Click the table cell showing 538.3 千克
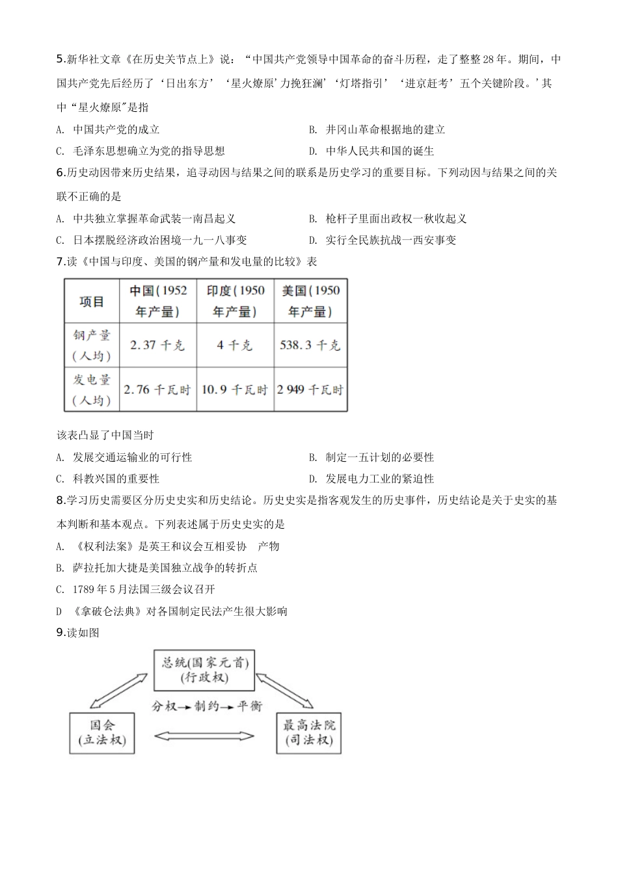coord(310,345)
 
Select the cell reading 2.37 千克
coord(158,345)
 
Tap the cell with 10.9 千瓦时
coord(235,390)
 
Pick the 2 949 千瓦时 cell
coord(310,390)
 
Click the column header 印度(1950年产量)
coord(235,301)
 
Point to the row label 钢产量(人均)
coord(92,345)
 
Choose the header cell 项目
coord(92,301)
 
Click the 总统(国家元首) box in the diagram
coord(204,670)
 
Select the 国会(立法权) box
coord(102,732)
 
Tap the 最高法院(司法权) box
coord(309,732)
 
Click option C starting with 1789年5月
coord(137,589)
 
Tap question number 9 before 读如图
coord(61,632)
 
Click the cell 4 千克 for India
coord(235,345)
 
